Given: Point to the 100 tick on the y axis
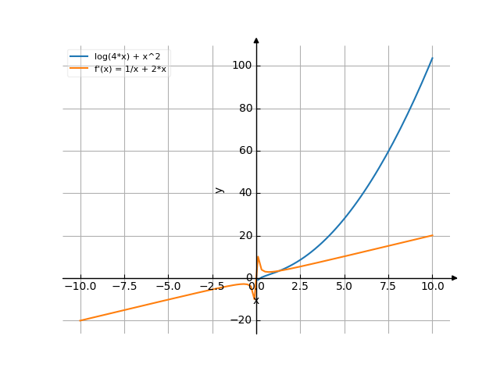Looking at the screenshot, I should [x=241, y=66].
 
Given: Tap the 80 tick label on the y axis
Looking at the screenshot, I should [x=245, y=109].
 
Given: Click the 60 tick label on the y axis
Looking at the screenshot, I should [x=245, y=151].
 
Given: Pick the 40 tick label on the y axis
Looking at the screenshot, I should [x=245, y=193].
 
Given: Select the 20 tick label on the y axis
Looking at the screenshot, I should [x=245, y=236].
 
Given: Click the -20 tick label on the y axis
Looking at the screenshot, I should [x=242, y=320].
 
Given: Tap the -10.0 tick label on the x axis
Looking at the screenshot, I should [x=80, y=287].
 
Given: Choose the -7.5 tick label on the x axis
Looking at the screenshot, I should [x=124, y=287].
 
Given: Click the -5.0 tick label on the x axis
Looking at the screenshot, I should [x=168, y=287].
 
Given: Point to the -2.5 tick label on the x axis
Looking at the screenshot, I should [x=212, y=287].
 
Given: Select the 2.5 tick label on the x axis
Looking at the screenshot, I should [x=300, y=287].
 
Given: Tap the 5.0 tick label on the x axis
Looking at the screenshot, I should [x=344, y=287].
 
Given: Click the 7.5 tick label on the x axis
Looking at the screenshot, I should [x=388, y=287].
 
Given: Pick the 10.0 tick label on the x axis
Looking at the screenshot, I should [x=432, y=287].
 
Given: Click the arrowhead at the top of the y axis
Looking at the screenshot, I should [x=256, y=39].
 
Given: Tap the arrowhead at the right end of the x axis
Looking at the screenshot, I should [x=455, y=278].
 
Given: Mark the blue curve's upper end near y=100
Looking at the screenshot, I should [x=432, y=59].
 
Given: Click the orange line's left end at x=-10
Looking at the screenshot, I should [x=80, y=320].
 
